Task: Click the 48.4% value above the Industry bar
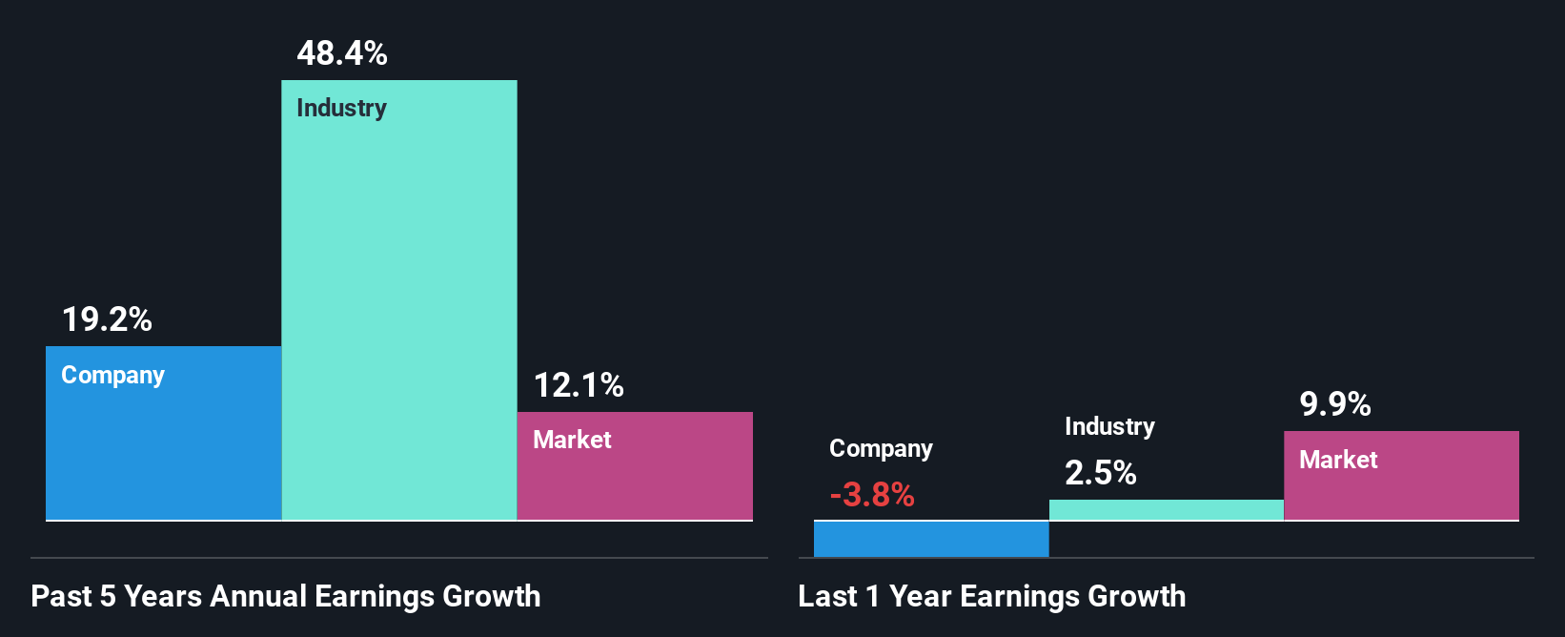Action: (342, 53)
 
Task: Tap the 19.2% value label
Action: (107, 319)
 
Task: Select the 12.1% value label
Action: (579, 385)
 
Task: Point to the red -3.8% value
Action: (872, 495)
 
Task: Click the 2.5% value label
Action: (1101, 473)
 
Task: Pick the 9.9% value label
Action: (1335, 404)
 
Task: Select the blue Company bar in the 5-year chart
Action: (163, 448)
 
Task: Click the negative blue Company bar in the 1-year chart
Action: (931, 539)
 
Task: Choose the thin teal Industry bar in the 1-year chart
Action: (1166, 510)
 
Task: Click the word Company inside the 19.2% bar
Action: (112, 375)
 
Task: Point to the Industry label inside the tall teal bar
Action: (341, 108)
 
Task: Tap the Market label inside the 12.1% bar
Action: (572, 440)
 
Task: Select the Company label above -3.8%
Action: (881, 448)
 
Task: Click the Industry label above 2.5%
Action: (1109, 426)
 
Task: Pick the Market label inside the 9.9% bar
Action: (1338, 460)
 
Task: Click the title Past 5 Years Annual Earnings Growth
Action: (286, 596)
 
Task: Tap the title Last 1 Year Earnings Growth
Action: (992, 596)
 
